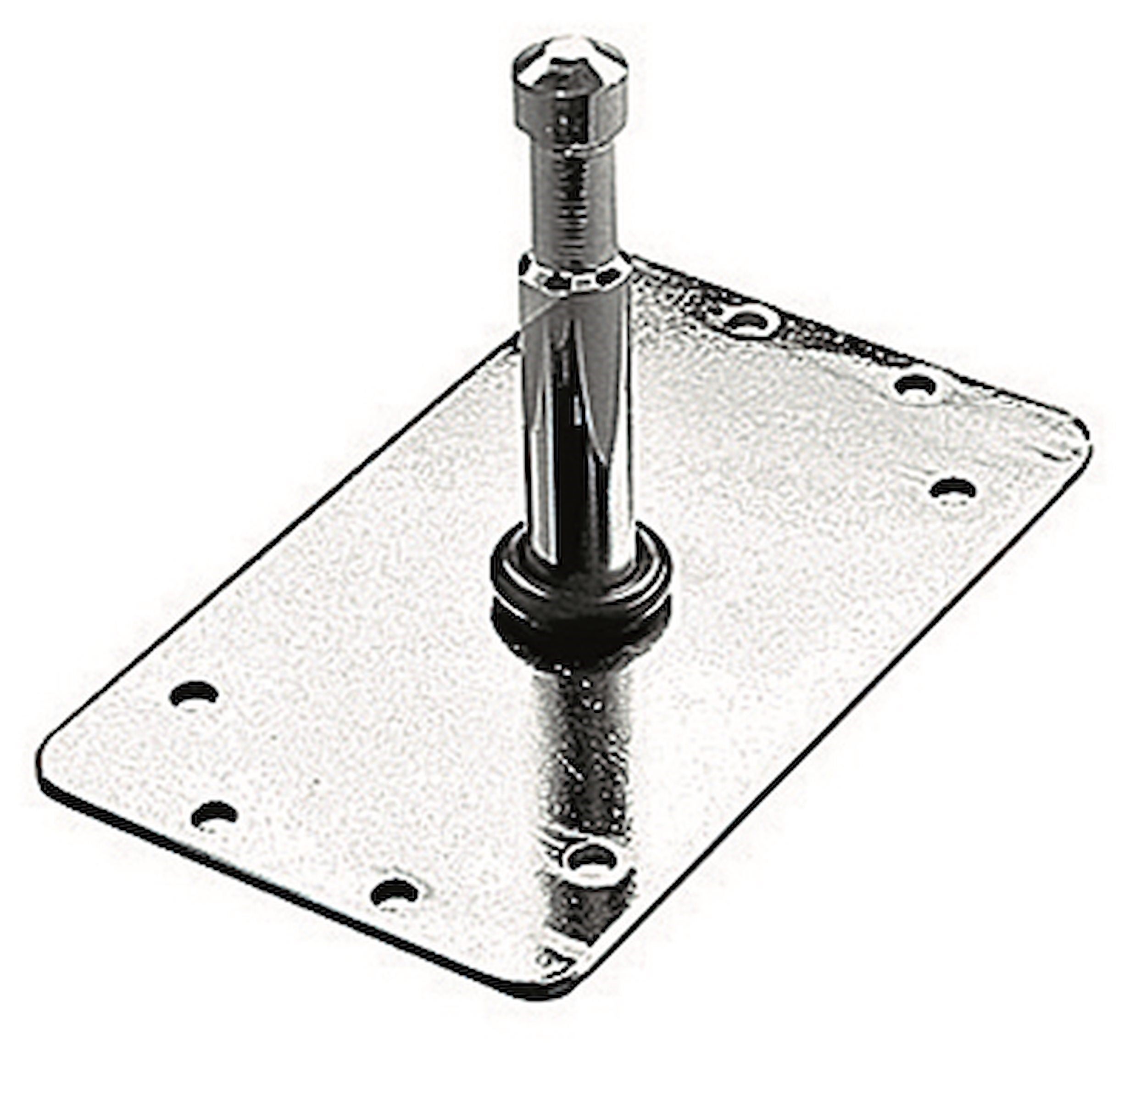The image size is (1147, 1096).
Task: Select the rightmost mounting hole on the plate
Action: pos(952,488)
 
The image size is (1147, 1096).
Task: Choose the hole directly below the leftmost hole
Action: pos(214,814)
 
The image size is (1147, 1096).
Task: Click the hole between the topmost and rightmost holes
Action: pos(916,386)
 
